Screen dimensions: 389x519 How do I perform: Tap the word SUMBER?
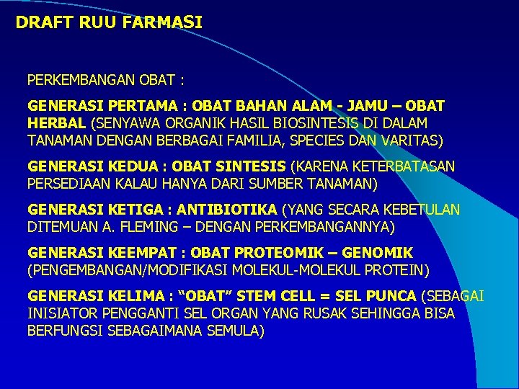265,184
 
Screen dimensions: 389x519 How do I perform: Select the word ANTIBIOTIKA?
227,210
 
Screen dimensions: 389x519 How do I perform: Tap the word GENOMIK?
377,253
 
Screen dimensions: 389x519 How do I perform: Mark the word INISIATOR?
61,313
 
